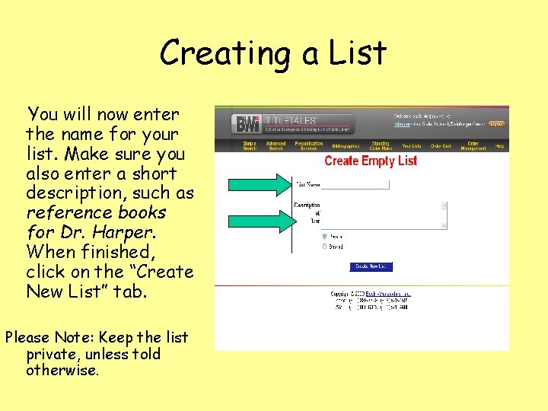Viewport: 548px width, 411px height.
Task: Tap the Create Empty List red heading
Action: [x=371, y=161]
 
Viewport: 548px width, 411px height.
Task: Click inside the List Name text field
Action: [x=355, y=185]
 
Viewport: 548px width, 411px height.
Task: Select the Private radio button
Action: [x=326, y=236]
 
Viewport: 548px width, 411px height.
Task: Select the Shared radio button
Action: [x=326, y=246]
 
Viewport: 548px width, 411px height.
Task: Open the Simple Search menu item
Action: [x=249, y=145]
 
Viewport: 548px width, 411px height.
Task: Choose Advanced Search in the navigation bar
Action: [x=276, y=145]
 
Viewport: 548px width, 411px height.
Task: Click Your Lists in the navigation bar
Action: [x=411, y=145]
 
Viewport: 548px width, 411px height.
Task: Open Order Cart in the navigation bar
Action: [x=441, y=145]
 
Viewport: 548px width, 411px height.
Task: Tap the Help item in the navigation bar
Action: [x=499, y=145]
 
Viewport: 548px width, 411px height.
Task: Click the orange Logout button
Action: [x=496, y=123]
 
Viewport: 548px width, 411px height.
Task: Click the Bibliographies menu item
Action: [x=345, y=145]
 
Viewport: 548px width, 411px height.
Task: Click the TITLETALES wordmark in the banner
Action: [x=291, y=119]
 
